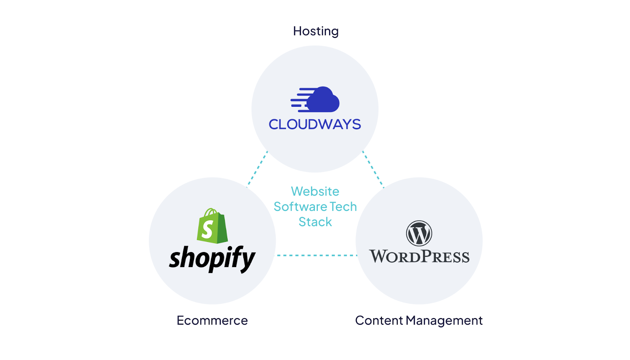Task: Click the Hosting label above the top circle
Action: tap(316, 31)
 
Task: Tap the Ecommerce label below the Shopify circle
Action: tap(212, 321)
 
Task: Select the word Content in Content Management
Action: tap(379, 321)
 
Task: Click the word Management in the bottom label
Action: tap(444, 321)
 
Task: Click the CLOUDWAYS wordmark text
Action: tap(315, 124)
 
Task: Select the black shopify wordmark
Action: tap(212, 258)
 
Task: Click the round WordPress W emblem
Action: tap(419, 233)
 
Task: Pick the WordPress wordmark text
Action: tap(419, 257)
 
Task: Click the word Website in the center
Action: tap(315, 191)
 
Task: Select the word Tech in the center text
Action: tap(343, 207)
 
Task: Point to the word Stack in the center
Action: tap(315, 222)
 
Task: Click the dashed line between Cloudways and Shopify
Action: tap(258, 168)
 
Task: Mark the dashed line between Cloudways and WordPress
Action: tap(372, 169)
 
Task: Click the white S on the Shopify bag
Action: tap(208, 229)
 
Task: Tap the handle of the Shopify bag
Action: tap(211, 212)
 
